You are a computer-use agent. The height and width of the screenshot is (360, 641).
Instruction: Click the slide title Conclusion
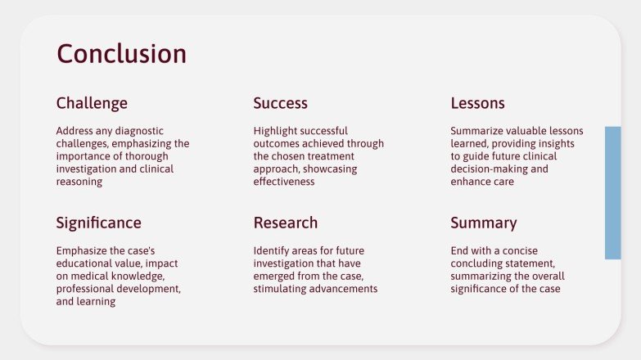121,54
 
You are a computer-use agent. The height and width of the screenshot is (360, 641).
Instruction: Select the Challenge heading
92,103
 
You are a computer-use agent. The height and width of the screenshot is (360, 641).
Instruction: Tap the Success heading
280,103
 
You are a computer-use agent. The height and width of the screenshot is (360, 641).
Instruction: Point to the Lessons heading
477,103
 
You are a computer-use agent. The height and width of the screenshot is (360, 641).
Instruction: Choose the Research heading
285,223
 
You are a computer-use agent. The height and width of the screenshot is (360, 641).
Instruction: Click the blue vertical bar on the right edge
612,192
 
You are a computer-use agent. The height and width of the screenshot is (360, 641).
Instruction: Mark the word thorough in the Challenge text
154,156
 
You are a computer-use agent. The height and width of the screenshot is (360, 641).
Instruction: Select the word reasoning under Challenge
79,182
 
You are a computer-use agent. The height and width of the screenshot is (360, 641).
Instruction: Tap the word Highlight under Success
276,131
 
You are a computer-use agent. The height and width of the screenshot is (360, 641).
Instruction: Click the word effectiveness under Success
284,182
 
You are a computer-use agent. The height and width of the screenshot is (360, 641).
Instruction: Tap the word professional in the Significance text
86,289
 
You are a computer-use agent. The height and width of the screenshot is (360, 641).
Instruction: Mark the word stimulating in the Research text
280,289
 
